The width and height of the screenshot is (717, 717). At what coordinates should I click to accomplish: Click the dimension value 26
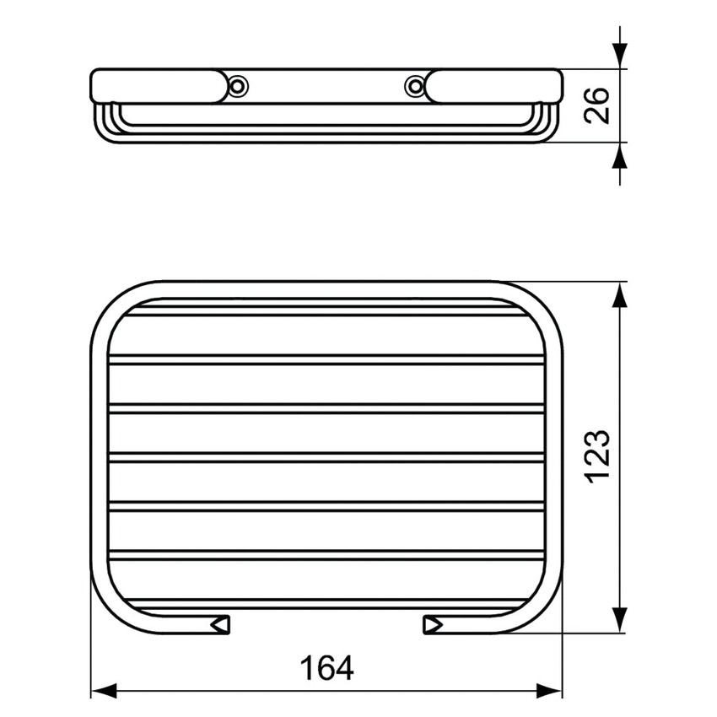point(598,105)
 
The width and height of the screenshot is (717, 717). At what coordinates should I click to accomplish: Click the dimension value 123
point(596,456)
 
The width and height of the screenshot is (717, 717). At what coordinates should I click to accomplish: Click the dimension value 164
point(326,668)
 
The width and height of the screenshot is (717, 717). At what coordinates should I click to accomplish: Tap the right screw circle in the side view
point(413,85)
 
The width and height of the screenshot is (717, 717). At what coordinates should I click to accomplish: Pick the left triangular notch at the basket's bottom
point(222,624)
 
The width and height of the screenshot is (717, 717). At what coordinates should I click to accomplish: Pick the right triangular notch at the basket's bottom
point(432,624)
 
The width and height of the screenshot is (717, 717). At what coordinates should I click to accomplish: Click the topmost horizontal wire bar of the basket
point(326,311)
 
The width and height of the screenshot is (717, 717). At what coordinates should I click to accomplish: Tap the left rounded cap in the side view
point(160,86)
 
